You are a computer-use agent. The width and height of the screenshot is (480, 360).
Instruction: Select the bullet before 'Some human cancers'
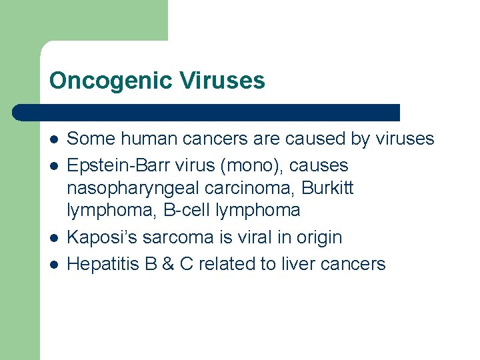[53, 139]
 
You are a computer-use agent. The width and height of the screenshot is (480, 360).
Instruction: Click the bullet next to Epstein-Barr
[53, 165]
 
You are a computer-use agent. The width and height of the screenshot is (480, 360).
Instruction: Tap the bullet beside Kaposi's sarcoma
[53, 237]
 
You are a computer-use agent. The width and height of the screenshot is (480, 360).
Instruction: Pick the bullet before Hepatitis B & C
[53, 264]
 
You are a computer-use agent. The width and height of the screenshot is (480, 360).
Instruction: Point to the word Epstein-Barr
[112, 165]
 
